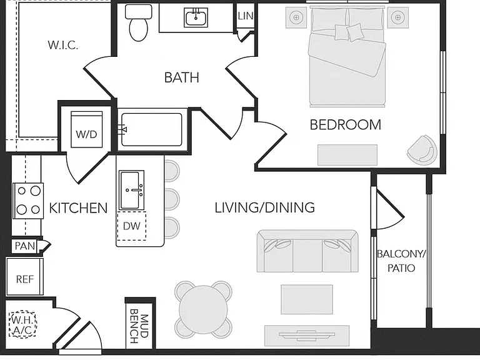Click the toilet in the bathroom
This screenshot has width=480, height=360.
tap(139, 22)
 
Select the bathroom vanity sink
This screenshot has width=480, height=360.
tap(196, 17)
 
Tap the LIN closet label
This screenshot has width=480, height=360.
tap(246, 16)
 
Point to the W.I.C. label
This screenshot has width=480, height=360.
tap(63, 45)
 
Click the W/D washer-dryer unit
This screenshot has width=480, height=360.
tap(87, 129)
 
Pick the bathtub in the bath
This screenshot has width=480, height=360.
tap(151, 129)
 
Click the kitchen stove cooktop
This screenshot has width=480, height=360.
tap(28, 201)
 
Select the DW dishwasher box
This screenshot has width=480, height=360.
tap(132, 226)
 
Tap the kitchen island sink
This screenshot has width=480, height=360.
tap(132, 190)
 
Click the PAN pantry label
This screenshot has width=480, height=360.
tap(25, 246)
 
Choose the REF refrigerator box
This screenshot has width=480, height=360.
tap(25, 277)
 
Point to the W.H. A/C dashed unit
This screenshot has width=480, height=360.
tap(22, 324)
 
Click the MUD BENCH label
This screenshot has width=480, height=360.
tap(139, 326)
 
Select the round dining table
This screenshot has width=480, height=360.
tap(203, 309)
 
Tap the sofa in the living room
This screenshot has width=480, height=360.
tap(307, 251)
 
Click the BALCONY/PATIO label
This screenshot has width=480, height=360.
tap(401, 261)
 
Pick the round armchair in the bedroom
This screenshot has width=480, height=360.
tap(422, 150)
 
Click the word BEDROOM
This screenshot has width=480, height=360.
tap(345, 125)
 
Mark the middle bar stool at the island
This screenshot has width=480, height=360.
tap(171, 199)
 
